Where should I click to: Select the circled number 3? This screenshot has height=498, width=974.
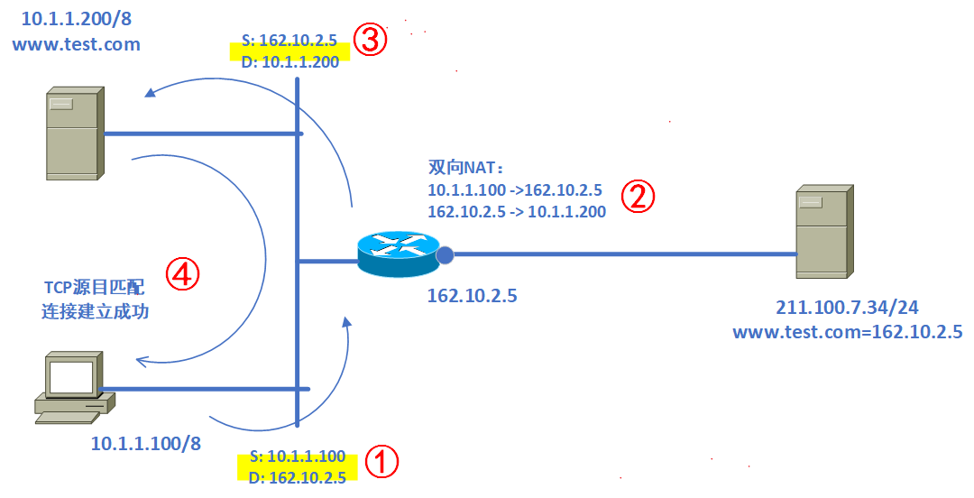coord(370,41)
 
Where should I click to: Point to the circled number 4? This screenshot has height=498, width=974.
coord(182,273)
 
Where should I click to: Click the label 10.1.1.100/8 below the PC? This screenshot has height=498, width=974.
coord(145,443)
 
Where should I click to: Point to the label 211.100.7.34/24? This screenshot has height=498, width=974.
coord(847,309)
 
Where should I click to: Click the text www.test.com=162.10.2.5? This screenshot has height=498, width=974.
coord(847,332)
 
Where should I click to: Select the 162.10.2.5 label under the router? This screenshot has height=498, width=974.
coord(473,295)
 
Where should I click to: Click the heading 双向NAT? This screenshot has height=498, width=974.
coord(465,168)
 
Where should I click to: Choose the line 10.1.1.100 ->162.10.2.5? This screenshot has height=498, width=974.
coord(514,190)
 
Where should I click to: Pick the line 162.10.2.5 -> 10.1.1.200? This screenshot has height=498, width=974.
coord(516,212)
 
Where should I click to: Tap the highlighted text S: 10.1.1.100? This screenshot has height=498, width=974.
coord(298,456)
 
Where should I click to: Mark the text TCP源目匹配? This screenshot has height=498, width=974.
coord(94,289)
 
